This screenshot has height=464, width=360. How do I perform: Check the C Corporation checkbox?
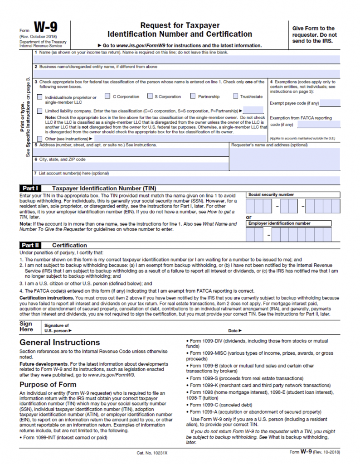coord(107,96)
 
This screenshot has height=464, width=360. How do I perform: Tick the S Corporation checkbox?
coord(150,96)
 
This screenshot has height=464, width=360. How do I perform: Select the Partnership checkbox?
coord(193,96)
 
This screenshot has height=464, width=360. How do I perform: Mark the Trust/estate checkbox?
coord(236,96)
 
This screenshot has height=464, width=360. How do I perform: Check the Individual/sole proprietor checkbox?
coord(40,97)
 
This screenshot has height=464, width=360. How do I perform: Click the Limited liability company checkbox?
coord(40,111)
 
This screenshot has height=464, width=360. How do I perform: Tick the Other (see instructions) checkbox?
coord(40,139)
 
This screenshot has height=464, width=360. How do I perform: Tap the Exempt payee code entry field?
coord(330,103)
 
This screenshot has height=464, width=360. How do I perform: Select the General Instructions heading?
coord(59,342)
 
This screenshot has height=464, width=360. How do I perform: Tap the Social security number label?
coord(271,194)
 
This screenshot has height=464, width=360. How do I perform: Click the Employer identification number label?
coord(279,223)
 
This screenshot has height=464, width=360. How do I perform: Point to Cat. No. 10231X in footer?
coord(152,453)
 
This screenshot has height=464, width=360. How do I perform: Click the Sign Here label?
coord(26,327)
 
